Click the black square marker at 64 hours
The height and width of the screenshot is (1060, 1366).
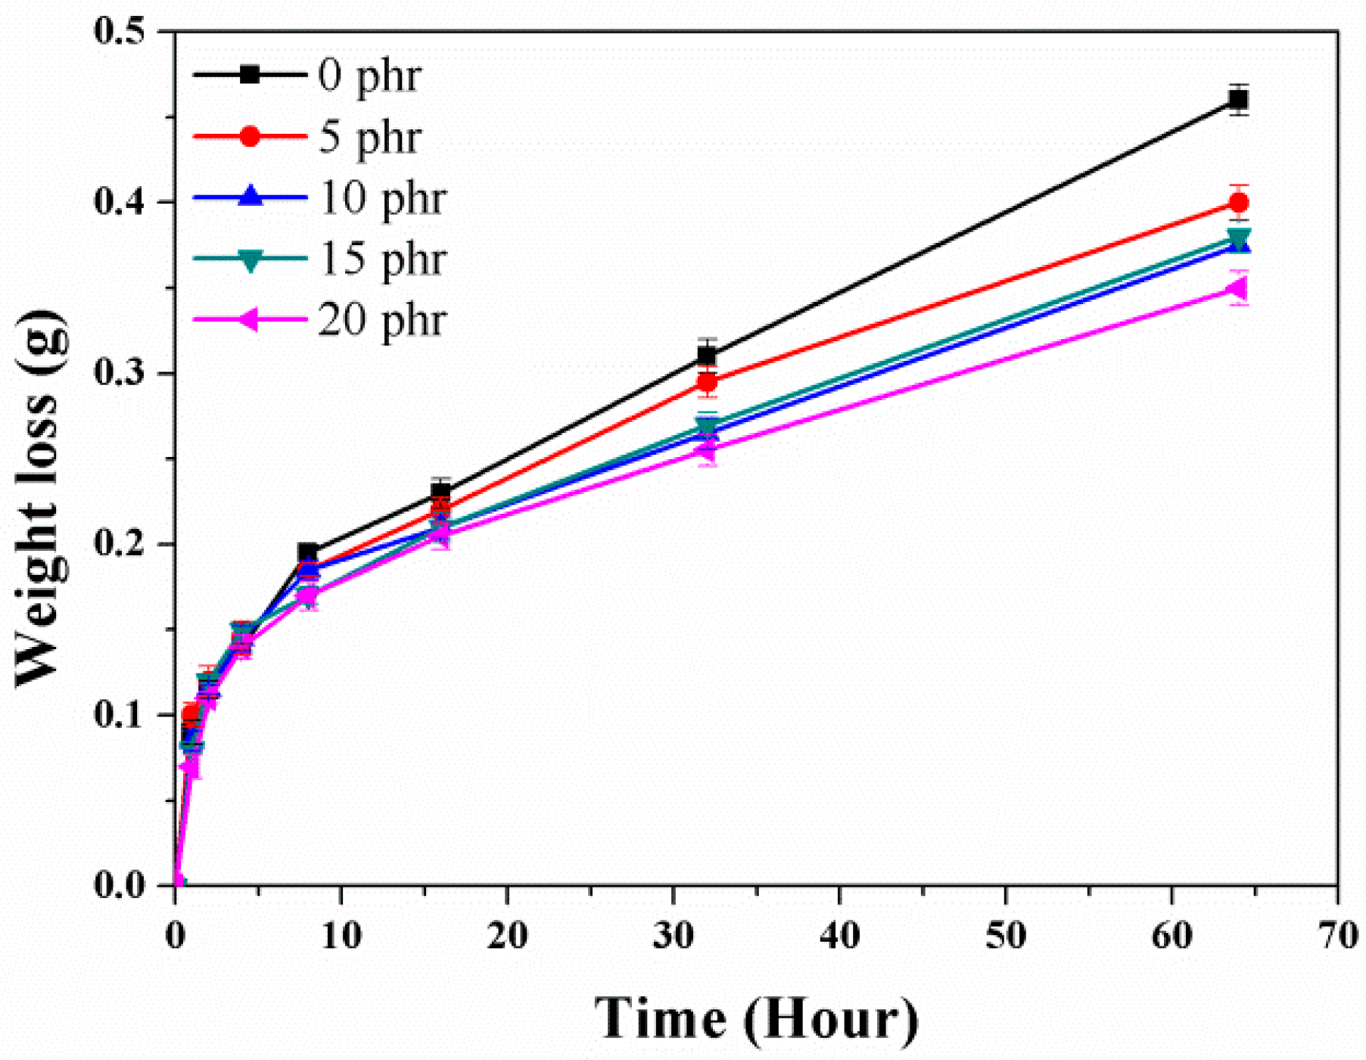1238,99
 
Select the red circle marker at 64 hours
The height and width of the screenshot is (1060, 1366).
1238,203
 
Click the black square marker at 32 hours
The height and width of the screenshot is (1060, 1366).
707,355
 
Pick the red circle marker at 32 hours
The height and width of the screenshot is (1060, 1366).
707,382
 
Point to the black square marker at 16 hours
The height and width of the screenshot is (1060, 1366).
441,492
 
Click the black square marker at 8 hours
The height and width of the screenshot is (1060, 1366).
308,552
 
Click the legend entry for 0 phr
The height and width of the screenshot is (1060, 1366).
369,76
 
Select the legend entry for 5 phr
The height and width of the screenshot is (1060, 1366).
369,137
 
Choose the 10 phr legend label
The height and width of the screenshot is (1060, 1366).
381,198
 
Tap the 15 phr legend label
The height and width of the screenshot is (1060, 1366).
381,259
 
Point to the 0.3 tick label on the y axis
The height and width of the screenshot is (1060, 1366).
123,373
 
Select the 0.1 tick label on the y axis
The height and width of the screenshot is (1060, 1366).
123,715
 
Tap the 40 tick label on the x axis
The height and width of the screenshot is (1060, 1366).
839,936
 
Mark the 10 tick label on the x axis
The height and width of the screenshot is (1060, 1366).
341,936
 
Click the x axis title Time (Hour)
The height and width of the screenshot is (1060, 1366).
756,1018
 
